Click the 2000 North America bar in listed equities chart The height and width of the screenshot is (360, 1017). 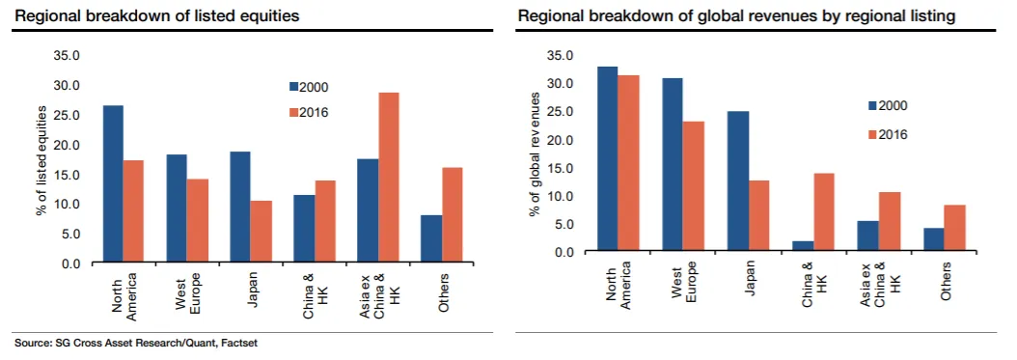[113, 184]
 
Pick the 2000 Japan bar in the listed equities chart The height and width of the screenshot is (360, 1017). [240, 208]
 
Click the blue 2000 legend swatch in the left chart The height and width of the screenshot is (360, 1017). [293, 87]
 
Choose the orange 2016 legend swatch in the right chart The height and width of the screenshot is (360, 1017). [872, 135]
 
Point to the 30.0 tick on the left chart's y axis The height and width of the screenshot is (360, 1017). [67, 86]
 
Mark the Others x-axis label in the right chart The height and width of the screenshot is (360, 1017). [947, 281]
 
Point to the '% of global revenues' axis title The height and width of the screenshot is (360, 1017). [536, 154]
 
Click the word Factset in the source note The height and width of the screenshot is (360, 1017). [239, 344]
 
